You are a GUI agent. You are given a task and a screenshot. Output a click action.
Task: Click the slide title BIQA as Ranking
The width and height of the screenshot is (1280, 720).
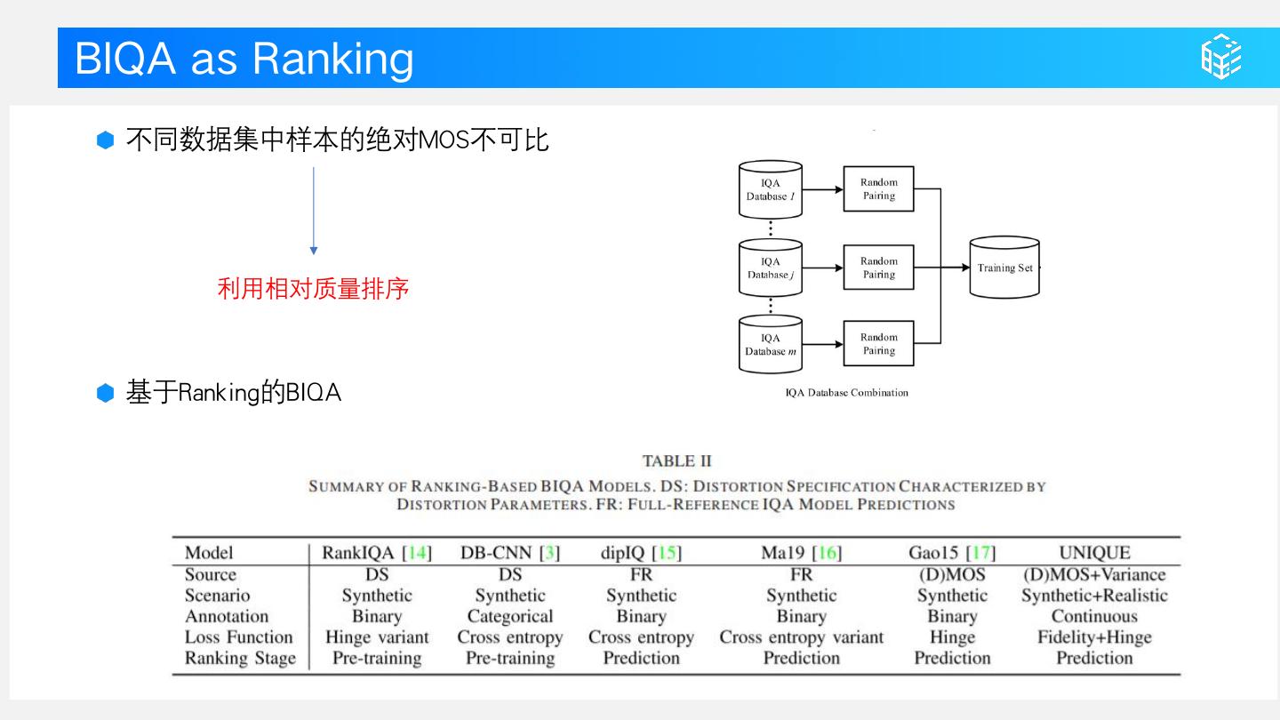point(244,59)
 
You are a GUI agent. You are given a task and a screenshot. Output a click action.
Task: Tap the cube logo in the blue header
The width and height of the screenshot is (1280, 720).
point(1221,58)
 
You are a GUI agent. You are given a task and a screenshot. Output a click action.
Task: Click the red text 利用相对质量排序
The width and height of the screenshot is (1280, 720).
point(313,289)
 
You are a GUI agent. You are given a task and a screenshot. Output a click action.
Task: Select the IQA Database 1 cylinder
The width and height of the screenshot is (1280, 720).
point(771,189)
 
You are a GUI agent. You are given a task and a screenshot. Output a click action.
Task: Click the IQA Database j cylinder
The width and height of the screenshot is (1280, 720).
point(771,268)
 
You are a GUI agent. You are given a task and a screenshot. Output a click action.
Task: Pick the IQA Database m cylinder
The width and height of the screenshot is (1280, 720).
point(771,344)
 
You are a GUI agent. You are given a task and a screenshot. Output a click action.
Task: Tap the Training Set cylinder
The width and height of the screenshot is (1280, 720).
point(1004,268)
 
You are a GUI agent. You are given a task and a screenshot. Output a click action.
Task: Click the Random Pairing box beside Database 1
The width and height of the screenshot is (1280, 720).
point(878,189)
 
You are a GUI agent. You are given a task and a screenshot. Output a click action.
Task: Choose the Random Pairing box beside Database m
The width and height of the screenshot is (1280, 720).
point(878,344)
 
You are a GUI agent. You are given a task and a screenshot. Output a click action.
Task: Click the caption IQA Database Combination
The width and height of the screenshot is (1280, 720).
point(846,392)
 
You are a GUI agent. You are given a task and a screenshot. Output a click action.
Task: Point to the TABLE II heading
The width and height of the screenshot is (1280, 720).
point(676,460)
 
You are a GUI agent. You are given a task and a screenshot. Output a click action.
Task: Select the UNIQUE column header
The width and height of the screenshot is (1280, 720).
point(1094,553)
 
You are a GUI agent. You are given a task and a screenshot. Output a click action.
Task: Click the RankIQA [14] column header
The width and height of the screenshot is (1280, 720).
point(377,553)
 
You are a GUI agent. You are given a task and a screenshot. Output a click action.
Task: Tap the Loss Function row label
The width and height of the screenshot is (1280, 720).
point(238,637)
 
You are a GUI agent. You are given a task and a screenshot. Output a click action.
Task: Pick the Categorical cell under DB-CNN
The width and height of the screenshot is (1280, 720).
point(509,617)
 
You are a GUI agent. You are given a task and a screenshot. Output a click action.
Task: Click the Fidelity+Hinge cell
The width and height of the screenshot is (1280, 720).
point(1094,637)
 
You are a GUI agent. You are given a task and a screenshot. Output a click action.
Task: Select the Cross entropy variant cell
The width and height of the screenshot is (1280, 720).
point(801,637)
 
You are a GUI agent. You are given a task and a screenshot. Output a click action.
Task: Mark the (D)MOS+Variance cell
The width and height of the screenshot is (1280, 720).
point(1094,575)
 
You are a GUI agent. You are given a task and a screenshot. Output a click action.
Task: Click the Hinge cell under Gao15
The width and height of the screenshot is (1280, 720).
point(952,637)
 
